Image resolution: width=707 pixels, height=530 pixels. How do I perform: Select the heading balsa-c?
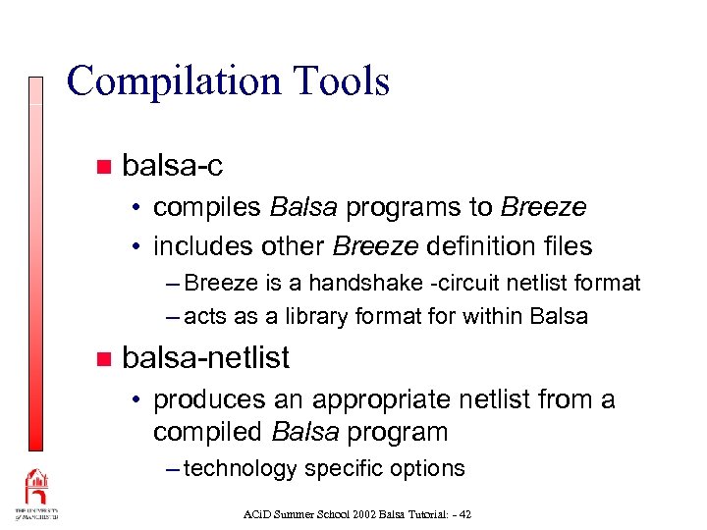(172, 166)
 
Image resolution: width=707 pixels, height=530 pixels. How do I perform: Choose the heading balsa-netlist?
(206, 358)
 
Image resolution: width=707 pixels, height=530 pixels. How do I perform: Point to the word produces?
(209, 399)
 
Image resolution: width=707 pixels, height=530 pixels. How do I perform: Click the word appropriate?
(384, 400)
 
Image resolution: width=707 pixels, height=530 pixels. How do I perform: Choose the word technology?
(241, 469)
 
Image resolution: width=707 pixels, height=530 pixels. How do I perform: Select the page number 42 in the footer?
(465, 513)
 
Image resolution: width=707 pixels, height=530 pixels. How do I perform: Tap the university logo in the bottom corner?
(36, 495)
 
